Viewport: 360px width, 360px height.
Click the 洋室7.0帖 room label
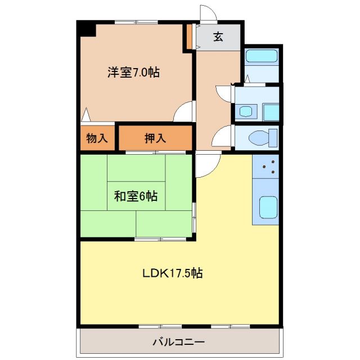click(133, 72)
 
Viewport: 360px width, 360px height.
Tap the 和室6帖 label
click(136, 196)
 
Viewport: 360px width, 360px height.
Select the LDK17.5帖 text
click(172, 274)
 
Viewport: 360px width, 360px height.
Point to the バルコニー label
click(178, 341)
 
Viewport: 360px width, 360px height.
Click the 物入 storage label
click(97, 138)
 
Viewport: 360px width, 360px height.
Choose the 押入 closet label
click(155, 138)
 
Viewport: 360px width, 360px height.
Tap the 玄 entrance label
click(218, 37)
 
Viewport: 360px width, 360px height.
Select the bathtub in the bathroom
click(262, 57)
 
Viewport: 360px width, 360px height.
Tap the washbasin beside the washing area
click(246, 111)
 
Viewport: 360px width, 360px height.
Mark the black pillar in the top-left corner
click(86, 29)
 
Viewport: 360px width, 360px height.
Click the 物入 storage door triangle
click(85, 115)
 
